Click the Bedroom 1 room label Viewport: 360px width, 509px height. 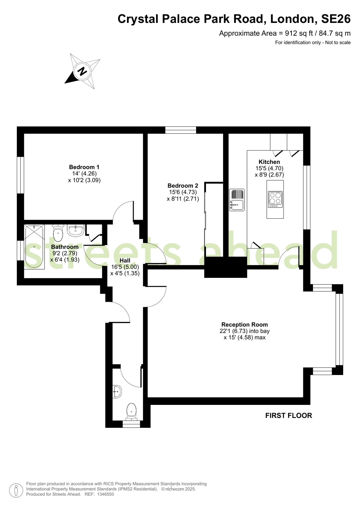click(84, 167)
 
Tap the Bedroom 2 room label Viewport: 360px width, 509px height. click(183, 186)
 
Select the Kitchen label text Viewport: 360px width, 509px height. click(269, 162)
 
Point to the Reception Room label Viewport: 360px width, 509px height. click(244, 324)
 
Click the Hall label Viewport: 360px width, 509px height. click(125, 260)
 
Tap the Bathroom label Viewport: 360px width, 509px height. click(65, 247)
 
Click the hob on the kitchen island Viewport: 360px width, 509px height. click(275, 199)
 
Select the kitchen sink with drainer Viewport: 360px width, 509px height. click(237, 200)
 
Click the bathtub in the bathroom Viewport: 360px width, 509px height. click(34, 247)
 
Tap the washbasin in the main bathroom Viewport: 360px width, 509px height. click(76, 230)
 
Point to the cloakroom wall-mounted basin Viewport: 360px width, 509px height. click(117, 392)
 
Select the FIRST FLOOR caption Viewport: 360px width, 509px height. click(289, 416)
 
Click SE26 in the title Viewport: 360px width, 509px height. click(336, 19)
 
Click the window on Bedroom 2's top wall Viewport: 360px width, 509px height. click(181, 130)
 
